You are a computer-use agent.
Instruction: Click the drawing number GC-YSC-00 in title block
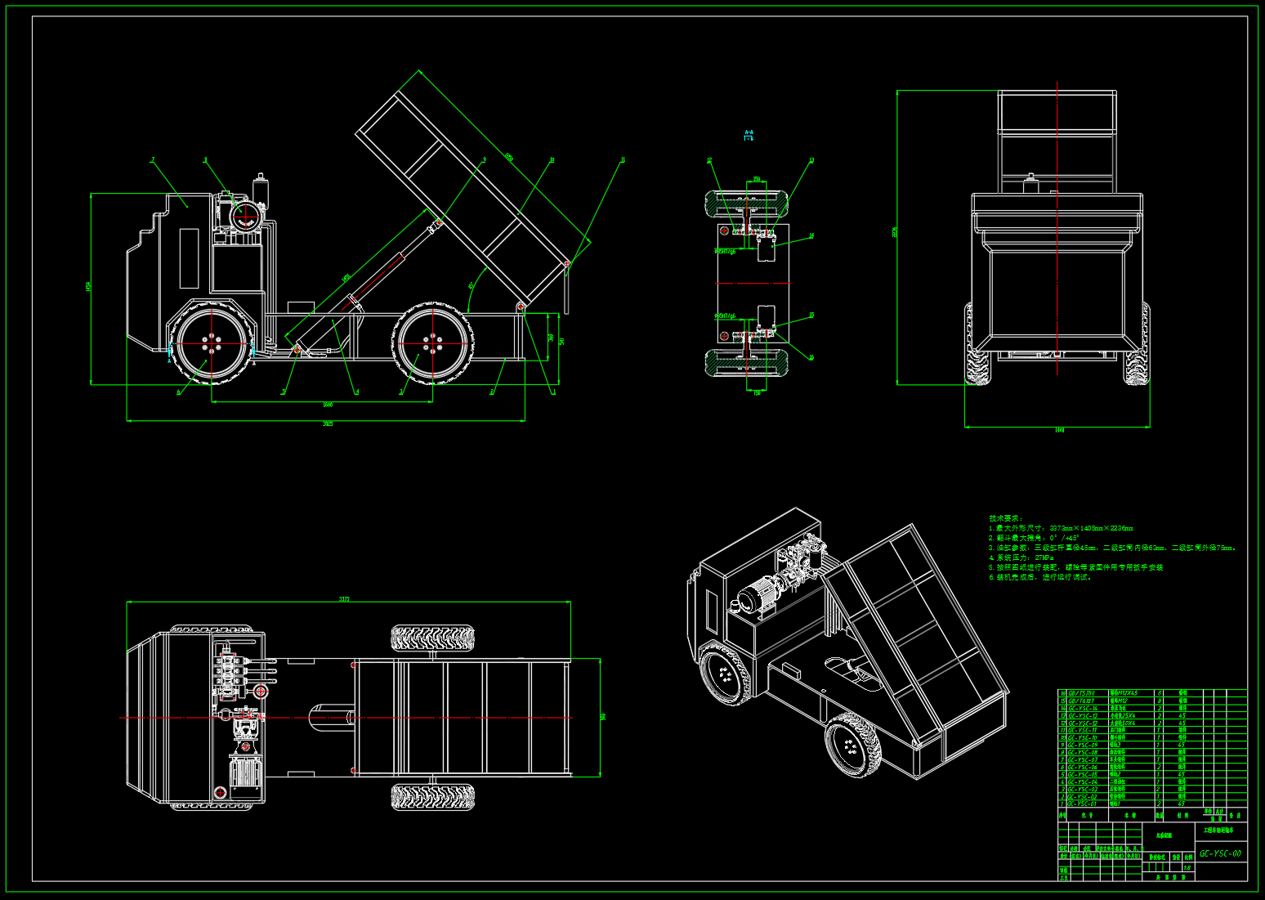[1220, 853]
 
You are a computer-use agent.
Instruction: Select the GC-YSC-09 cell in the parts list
[1083, 745]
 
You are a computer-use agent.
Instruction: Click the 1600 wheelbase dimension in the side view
[327, 405]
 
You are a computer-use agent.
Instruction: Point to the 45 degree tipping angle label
[472, 286]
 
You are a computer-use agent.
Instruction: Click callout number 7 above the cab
[152, 160]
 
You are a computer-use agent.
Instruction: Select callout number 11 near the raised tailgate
[623, 160]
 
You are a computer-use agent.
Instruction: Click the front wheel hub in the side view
[212, 343]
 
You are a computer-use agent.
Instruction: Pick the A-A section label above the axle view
[749, 135]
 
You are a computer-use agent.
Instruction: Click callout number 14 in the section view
[811, 236]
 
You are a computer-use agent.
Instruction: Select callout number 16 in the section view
[811, 357]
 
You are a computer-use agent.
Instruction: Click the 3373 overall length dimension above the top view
[344, 599]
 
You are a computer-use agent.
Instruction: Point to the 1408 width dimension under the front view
[1059, 430]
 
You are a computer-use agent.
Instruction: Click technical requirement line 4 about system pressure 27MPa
[1021, 557]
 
